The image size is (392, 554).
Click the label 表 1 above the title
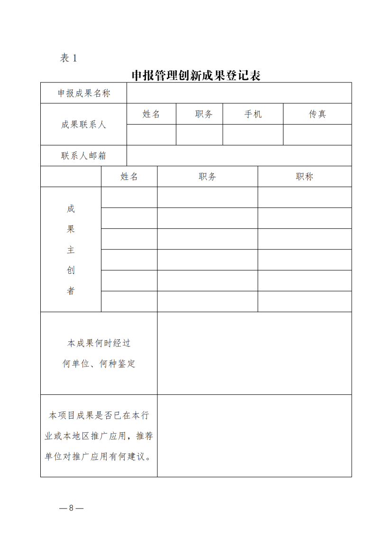click(x=68, y=58)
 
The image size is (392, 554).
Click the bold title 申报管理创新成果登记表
click(x=196, y=76)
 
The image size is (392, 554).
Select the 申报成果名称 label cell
click(x=84, y=93)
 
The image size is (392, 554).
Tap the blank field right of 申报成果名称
click(x=239, y=93)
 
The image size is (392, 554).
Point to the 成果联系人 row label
click(x=84, y=125)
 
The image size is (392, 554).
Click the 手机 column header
click(x=253, y=114)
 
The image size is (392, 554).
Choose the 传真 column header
click(x=317, y=114)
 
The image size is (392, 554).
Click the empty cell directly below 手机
click(x=253, y=135)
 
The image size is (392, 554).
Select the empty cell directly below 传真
click(x=317, y=135)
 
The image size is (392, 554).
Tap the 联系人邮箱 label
click(x=84, y=156)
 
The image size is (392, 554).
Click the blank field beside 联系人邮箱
click(x=239, y=156)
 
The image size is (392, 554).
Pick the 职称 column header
click(x=304, y=177)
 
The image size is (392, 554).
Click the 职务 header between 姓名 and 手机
click(x=203, y=114)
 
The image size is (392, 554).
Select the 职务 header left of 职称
click(x=207, y=177)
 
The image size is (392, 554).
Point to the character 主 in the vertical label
click(x=71, y=250)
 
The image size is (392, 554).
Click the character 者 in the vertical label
click(x=71, y=291)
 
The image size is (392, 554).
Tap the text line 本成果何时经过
click(x=99, y=343)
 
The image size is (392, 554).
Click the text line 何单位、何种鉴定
click(x=99, y=364)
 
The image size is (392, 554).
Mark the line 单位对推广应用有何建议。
click(x=99, y=457)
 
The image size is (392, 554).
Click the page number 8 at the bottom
click(x=71, y=509)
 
